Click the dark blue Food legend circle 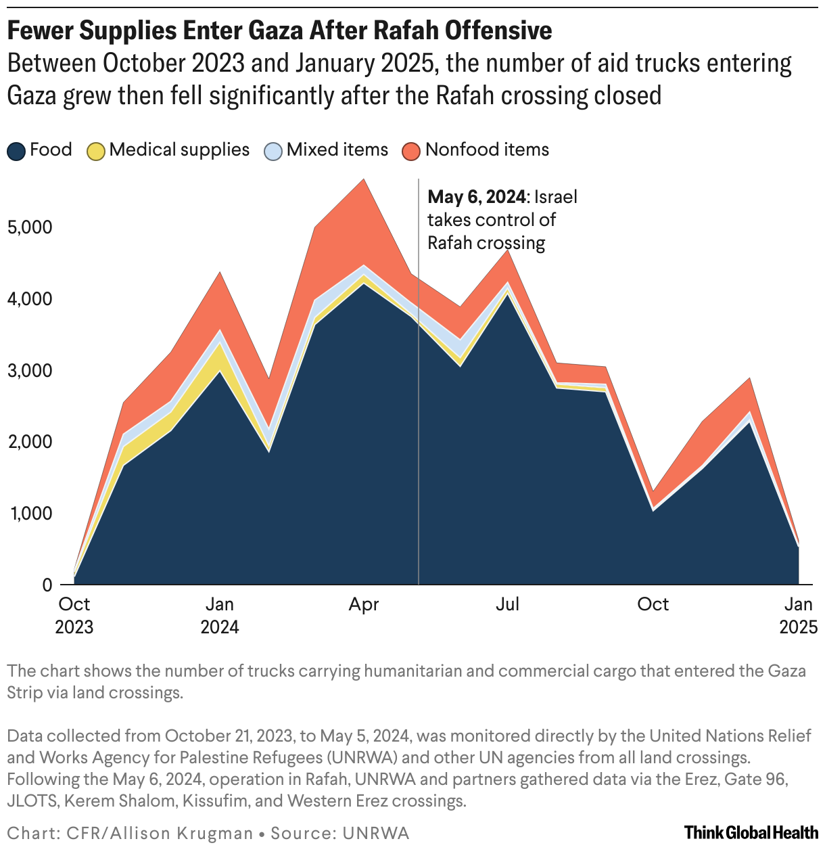point(17,151)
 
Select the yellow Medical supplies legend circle point(96,151)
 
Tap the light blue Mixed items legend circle point(274,151)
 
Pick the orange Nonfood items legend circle point(412,151)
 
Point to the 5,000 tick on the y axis point(30,227)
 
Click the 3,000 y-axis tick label point(30,371)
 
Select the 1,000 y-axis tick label point(30,514)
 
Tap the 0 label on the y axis point(47,585)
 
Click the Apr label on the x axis point(364,604)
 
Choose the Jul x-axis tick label point(508,604)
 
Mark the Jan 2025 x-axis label point(799,615)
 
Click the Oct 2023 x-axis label point(74,615)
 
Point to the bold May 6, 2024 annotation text point(477,197)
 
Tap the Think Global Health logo point(751,832)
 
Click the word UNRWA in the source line point(376,834)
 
